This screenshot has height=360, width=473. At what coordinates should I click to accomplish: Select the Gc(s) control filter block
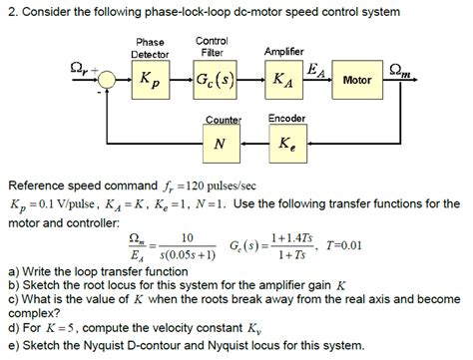click(x=213, y=79)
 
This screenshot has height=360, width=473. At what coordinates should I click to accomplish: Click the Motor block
click(x=356, y=79)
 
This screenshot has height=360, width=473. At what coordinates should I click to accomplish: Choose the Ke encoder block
click(x=288, y=146)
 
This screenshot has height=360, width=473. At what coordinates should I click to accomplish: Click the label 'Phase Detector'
click(x=151, y=48)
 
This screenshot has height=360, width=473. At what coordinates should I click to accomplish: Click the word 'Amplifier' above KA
click(x=284, y=51)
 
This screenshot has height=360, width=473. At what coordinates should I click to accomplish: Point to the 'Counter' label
click(x=223, y=120)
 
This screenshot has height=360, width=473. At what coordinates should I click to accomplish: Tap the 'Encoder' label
click(x=287, y=119)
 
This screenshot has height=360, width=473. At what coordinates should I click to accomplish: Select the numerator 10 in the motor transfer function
click(x=185, y=237)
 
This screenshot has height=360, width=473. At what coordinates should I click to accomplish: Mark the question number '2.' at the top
click(x=11, y=12)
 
